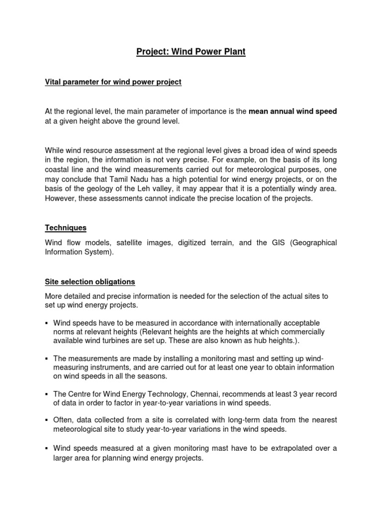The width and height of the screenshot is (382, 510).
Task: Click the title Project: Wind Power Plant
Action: (x=191, y=52)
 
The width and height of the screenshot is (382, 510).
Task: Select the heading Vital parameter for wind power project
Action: (x=113, y=82)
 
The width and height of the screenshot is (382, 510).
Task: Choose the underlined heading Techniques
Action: (x=65, y=228)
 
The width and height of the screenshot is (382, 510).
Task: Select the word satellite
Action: (x=131, y=243)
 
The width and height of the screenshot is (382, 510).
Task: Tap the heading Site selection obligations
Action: (x=90, y=282)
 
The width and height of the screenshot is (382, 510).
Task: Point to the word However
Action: (x=59, y=199)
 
